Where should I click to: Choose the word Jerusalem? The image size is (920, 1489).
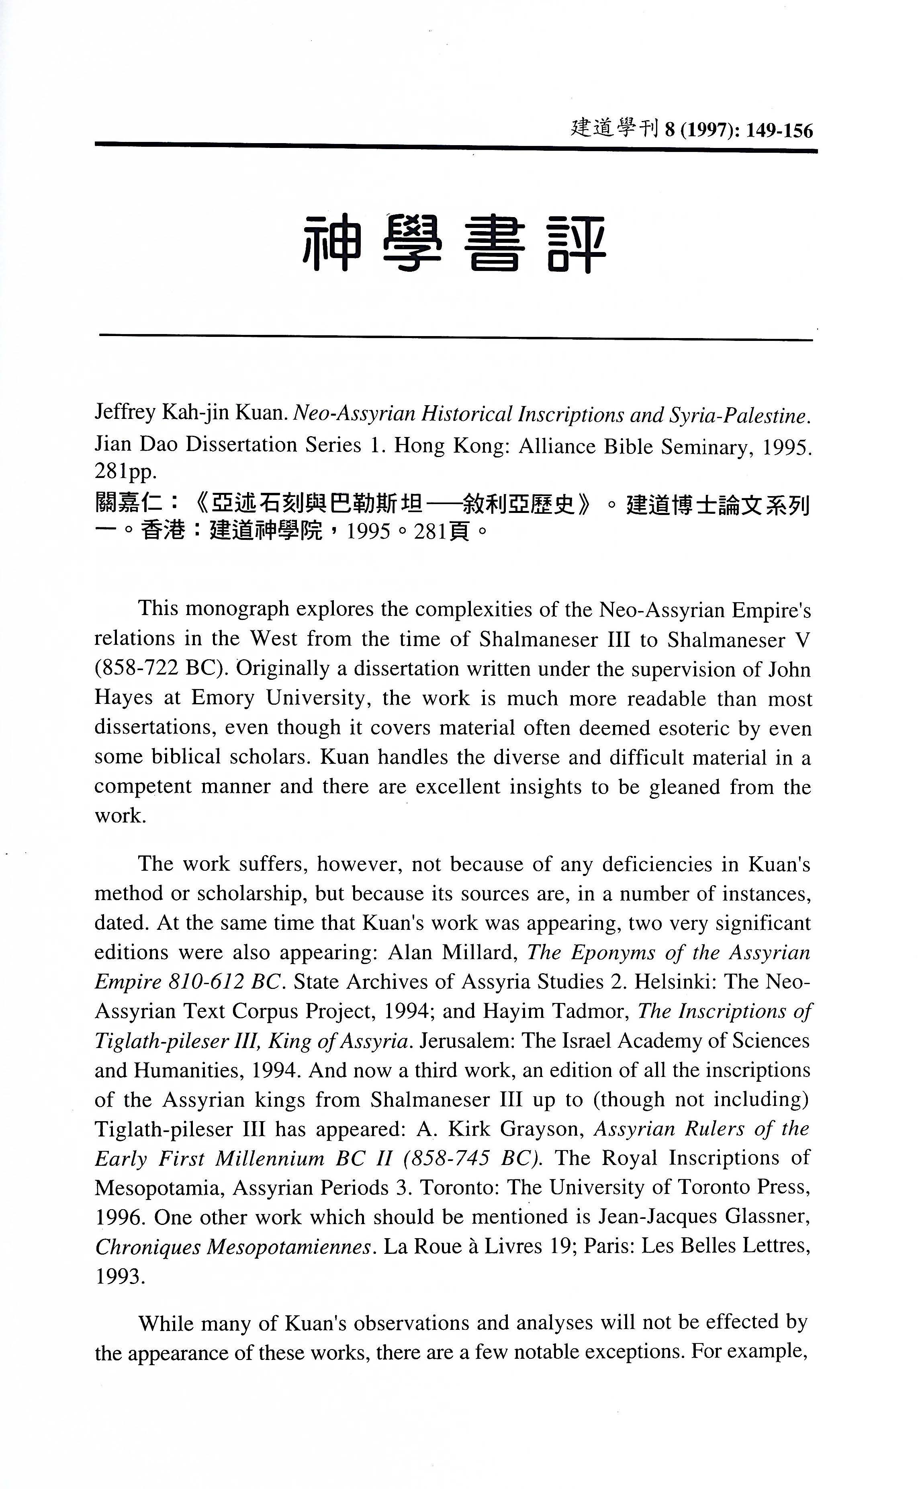point(467,1040)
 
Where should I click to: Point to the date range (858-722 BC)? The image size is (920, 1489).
point(161,669)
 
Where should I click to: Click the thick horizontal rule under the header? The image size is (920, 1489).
point(456,146)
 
